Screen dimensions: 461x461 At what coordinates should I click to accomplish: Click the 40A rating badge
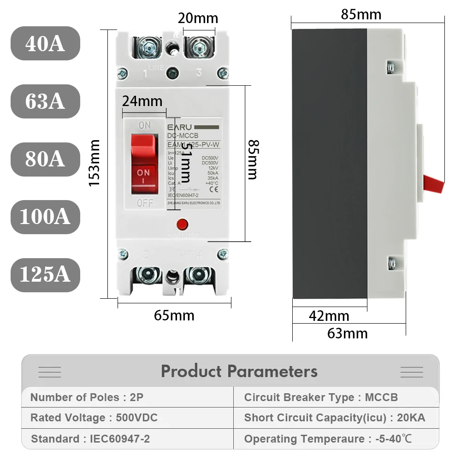(45, 43)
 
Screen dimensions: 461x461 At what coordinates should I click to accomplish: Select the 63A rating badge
(45, 101)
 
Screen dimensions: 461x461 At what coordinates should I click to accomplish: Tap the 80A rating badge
(45, 159)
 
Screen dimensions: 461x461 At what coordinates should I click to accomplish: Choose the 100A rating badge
(45, 217)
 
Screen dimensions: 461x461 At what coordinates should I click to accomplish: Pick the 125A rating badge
(45, 275)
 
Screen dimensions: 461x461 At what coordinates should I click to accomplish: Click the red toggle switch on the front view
(144, 164)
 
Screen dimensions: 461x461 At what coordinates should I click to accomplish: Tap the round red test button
(182, 225)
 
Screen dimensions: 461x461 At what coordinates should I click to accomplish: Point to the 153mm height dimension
(95, 163)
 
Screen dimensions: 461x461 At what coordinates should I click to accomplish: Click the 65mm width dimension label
(174, 316)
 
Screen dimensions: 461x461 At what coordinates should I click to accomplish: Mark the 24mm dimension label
(142, 100)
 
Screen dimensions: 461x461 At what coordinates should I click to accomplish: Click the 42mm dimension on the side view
(329, 316)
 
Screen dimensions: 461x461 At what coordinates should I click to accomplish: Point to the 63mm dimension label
(348, 333)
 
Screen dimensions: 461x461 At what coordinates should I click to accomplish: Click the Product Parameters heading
(239, 371)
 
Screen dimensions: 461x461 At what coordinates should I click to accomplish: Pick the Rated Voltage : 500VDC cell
(94, 418)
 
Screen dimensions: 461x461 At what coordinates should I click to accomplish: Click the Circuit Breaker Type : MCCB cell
(321, 397)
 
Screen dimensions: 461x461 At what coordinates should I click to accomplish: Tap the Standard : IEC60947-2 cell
(90, 439)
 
